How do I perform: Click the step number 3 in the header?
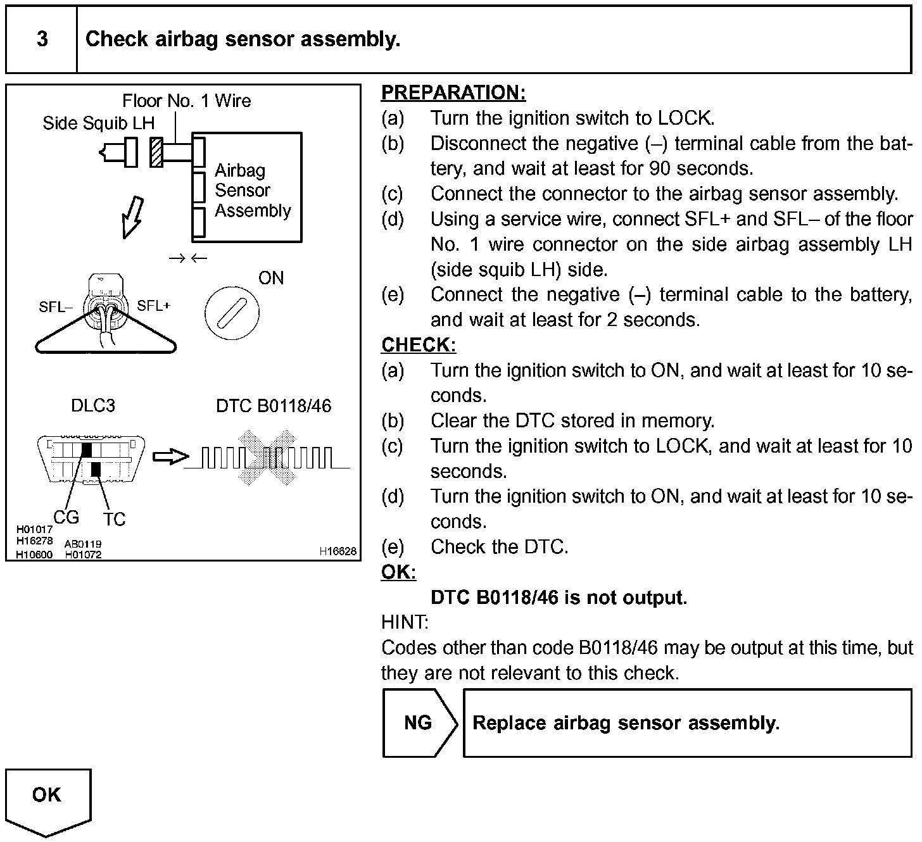(x=42, y=39)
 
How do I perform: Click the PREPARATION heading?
(x=453, y=93)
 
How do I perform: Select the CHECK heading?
(x=418, y=345)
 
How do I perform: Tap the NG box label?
(x=418, y=723)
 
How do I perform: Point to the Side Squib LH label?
(x=98, y=123)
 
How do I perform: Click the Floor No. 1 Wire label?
(x=186, y=101)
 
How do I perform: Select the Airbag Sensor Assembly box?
(x=247, y=188)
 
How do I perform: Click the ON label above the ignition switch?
(x=271, y=278)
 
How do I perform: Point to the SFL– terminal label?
(x=52, y=307)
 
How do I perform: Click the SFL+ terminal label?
(x=154, y=306)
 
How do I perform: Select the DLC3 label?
(x=93, y=406)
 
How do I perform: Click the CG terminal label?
(x=66, y=517)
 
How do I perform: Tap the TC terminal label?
(x=115, y=519)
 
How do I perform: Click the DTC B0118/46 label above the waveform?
(x=274, y=406)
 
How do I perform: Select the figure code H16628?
(x=338, y=551)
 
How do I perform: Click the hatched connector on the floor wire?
(x=156, y=152)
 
